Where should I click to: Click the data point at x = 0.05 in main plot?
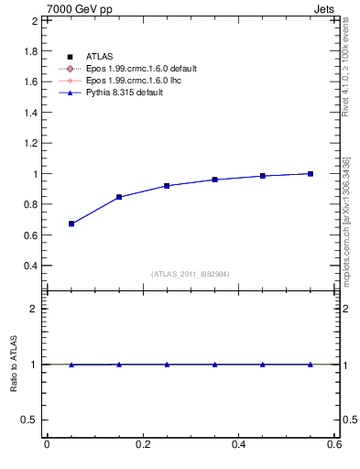tap(71, 224)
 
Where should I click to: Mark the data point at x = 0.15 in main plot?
tap(119, 197)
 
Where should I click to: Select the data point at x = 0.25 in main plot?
tap(167, 185)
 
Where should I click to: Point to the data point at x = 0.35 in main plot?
tap(214, 180)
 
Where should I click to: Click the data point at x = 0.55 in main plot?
tap(311, 173)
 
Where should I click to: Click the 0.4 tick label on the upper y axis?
tap(30, 266)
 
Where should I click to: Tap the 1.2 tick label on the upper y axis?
tap(30, 143)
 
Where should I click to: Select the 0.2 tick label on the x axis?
tap(142, 444)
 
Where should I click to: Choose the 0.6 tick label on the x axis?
tap(334, 444)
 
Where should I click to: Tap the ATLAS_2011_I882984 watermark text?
tap(191, 274)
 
